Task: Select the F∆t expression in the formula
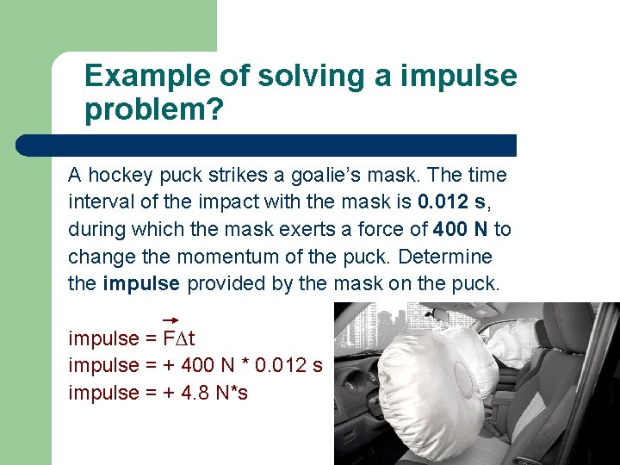click(x=179, y=338)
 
